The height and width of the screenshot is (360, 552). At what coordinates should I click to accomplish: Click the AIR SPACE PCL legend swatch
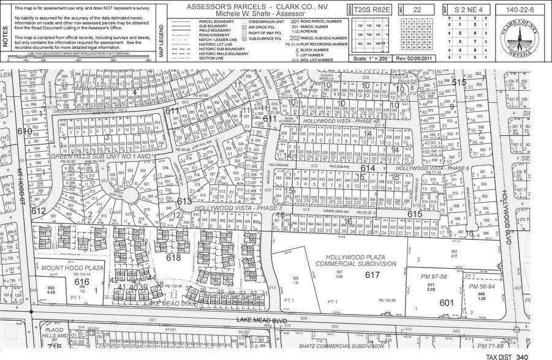pos(244,27)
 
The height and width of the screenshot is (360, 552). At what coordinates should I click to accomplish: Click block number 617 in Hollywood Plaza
pos(372,276)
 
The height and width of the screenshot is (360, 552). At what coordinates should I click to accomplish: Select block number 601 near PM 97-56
pos(446,302)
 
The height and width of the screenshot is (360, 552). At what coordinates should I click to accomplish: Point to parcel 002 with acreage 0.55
pos(51,290)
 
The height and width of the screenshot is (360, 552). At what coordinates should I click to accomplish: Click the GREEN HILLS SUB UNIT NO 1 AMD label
pos(100,156)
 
